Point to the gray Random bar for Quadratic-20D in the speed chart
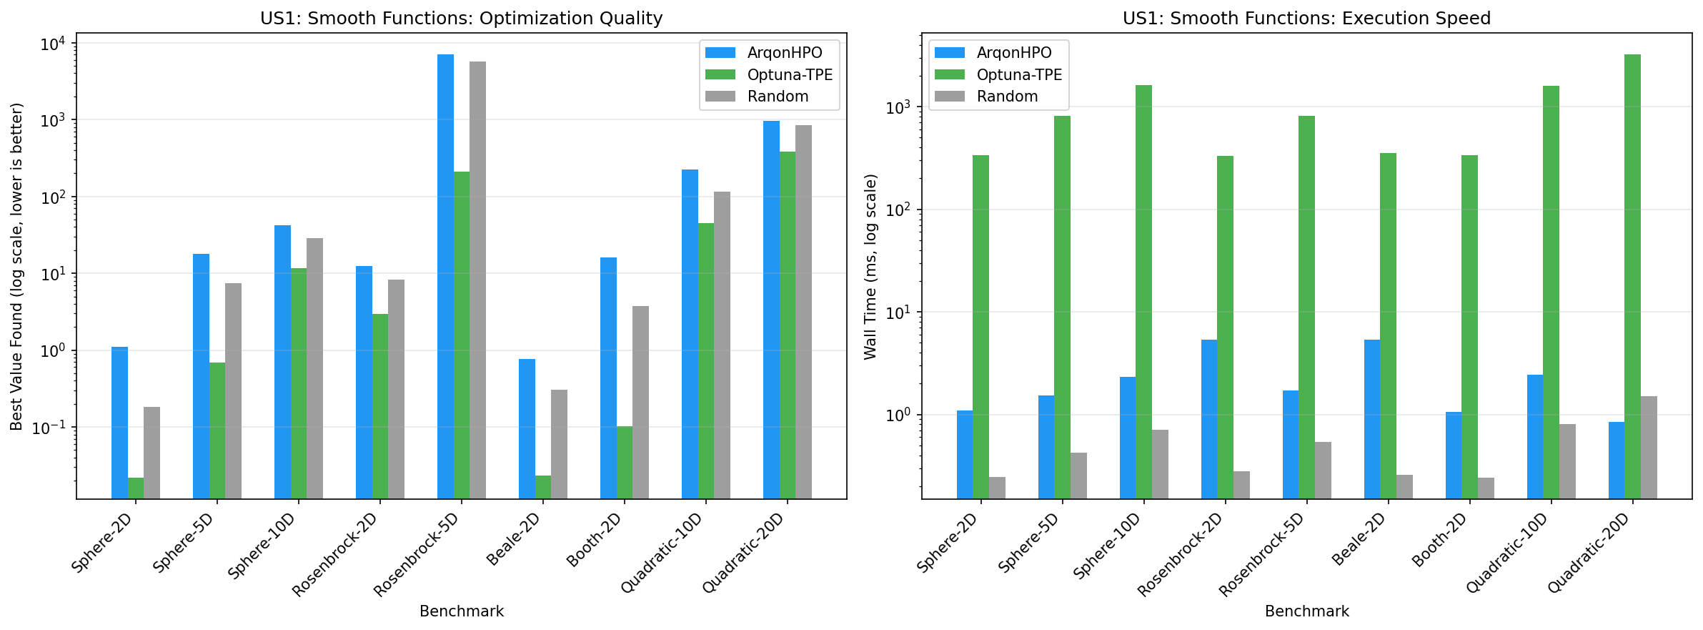pyautogui.click(x=1649, y=447)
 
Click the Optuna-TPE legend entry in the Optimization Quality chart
pyautogui.click(x=789, y=75)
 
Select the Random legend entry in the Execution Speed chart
pyautogui.click(x=1006, y=97)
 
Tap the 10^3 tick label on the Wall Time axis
pyautogui.click(x=898, y=107)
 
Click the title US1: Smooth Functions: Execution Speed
pyautogui.click(x=1306, y=18)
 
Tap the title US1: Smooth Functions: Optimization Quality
pyautogui.click(x=461, y=18)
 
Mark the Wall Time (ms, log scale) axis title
pyautogui.click(x=870, y=266)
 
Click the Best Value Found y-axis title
pyautogui.click(x=17, y=266)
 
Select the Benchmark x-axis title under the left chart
pyautogui.click(x=461, y=611)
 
